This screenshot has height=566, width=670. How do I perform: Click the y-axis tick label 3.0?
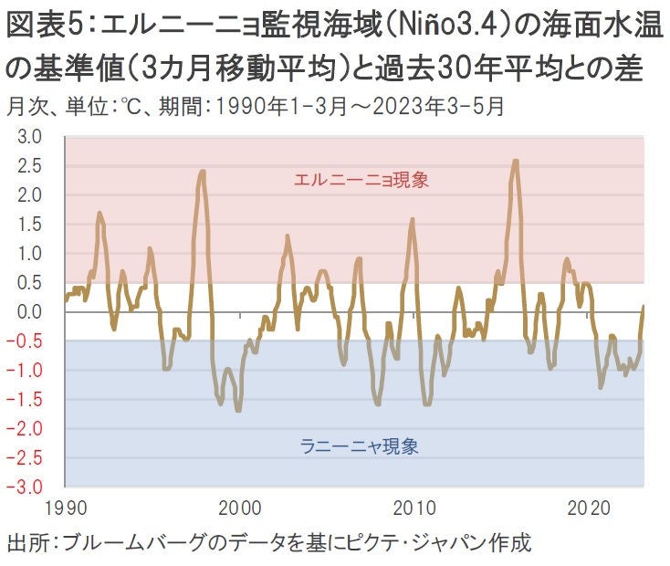pyautogui.click(x=30, y=138)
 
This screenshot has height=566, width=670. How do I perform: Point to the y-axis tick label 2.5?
pyautogui.click(x=30, y=166)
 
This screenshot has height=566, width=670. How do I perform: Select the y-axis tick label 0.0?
pyautogui.click(x=30, y=312)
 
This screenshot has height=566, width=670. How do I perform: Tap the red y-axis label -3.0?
pyautogui.click(x=28, y=487)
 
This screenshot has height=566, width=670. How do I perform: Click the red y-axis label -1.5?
pyautogui.click(x=28, y=399)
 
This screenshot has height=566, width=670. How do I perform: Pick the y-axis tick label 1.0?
pyautogui.click(x=30, y=254)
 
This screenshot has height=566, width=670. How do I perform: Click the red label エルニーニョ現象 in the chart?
pyautogui.click(x=361, y=180)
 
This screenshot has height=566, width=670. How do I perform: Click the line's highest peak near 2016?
pyautogui.click(x=516, y=162)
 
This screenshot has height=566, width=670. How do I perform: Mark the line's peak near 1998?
pyautogui.click(x=202, y=172)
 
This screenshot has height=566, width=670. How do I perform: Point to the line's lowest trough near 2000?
pyautogui.click(x=238, y=410)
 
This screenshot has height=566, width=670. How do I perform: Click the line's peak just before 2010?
pyautogui.click(x=413, y=220)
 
